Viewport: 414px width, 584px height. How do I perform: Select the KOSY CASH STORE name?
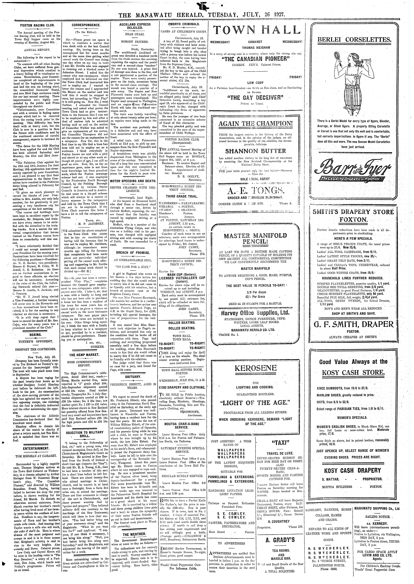tap(353, 373)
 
